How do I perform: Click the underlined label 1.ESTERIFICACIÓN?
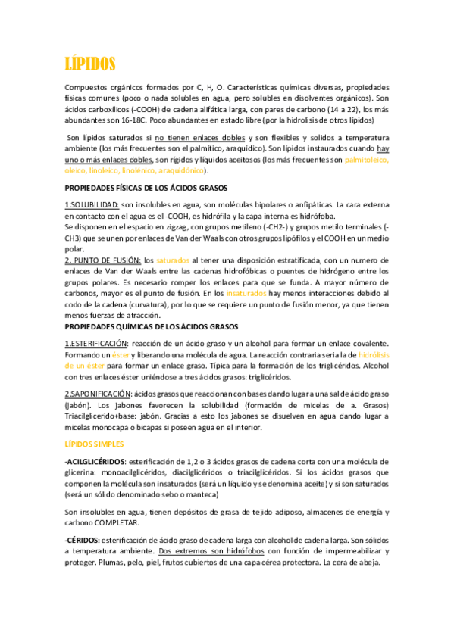click(x=96, y=344)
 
